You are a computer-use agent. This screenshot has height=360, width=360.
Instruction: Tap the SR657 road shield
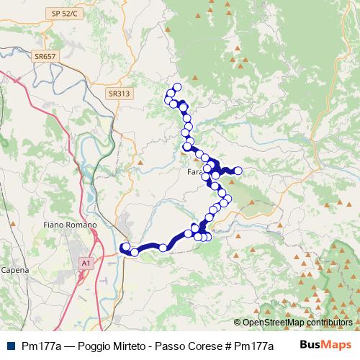[45, 56]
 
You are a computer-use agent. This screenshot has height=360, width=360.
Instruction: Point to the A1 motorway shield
[86, 264]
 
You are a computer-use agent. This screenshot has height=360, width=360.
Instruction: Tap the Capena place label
[14, 270]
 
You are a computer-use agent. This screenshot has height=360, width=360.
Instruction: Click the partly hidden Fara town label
[194, 173]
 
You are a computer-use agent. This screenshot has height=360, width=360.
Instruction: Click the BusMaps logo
[325, 345]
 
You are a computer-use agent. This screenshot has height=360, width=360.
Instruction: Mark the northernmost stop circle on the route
[177, 88]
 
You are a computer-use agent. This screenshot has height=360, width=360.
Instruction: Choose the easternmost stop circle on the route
[238, 171]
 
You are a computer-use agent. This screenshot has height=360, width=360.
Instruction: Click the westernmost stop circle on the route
[125, 247]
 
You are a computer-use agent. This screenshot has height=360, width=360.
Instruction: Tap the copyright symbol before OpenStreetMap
[238, 323]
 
